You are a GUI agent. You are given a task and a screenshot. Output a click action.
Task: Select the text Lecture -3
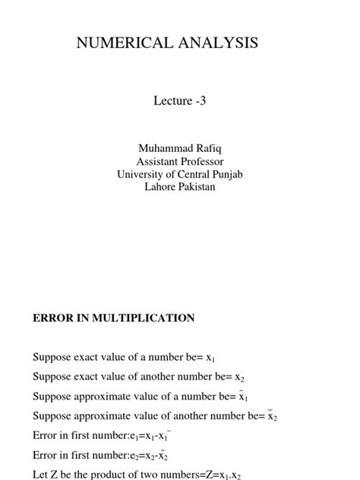tap(180, 101)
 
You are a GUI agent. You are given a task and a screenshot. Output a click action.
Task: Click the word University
tap(144, 174)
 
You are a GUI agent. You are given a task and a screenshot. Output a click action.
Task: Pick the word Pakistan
tap(197, 186)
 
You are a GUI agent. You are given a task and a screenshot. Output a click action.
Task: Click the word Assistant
tap(157, 161)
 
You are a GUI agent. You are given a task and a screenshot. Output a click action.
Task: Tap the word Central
tap(192, 174)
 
